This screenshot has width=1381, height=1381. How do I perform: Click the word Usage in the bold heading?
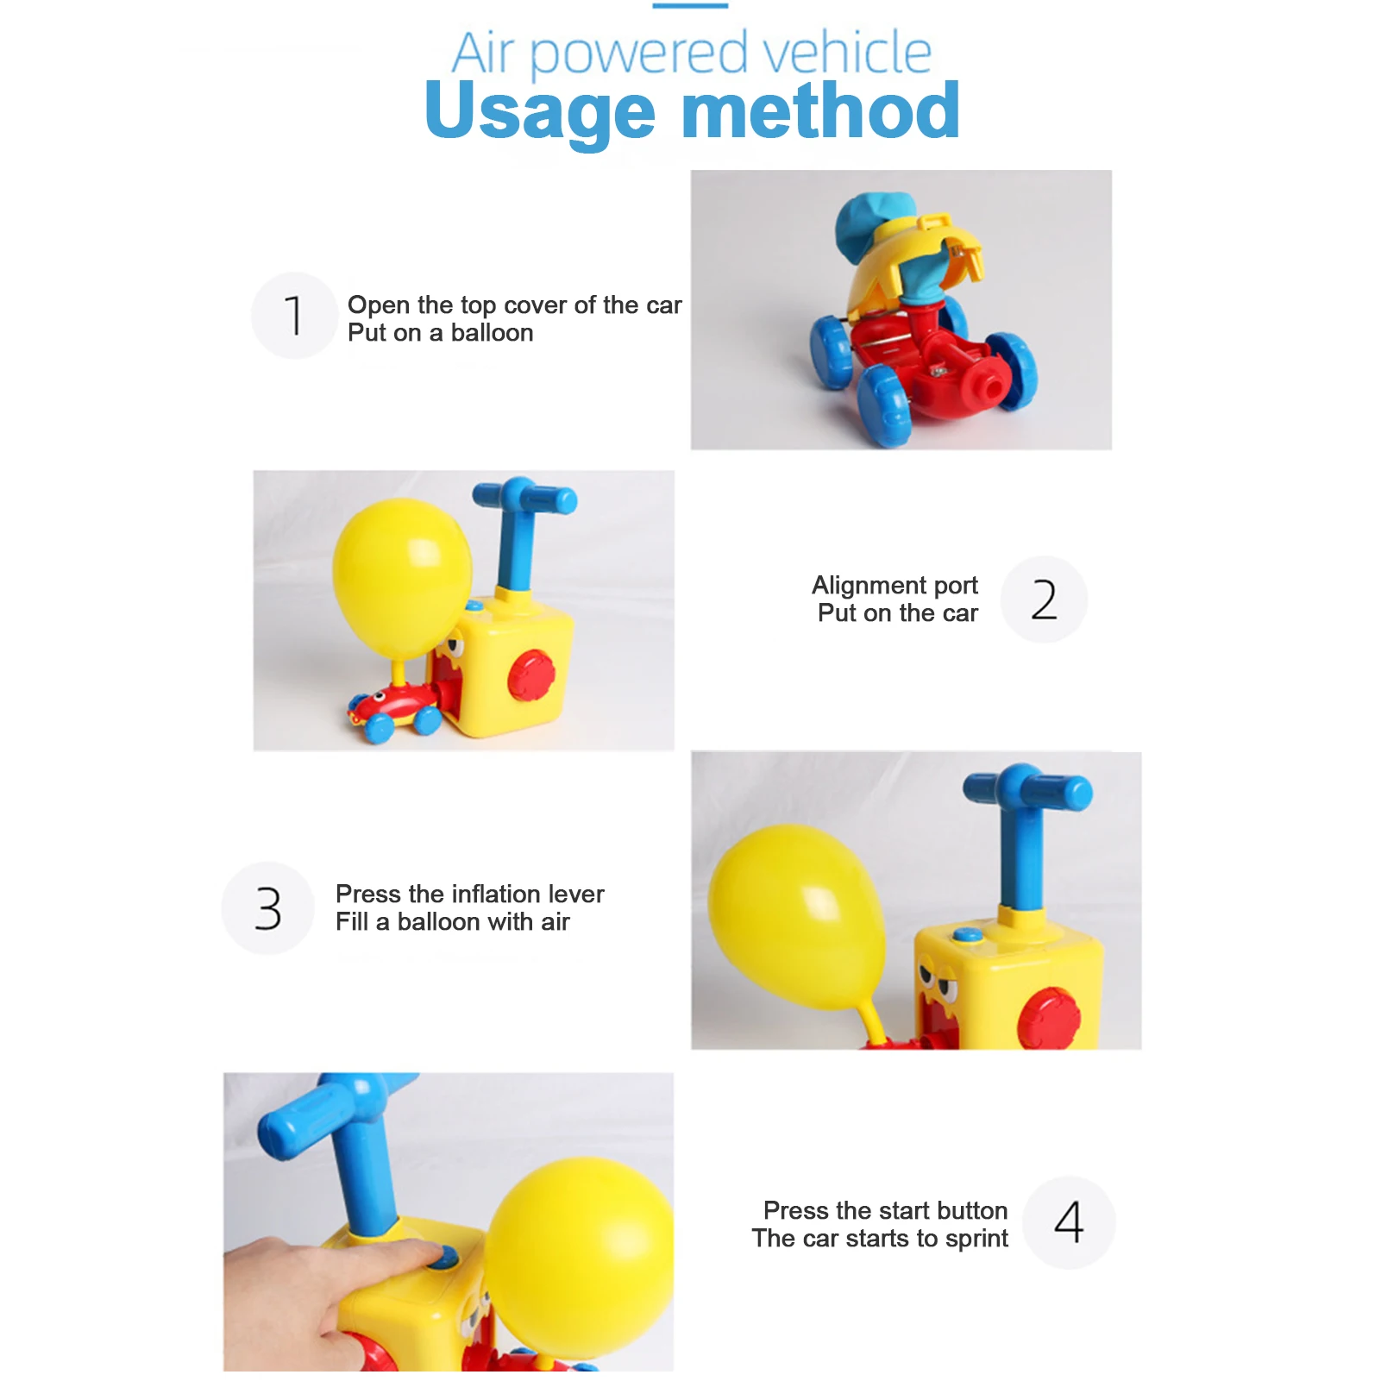540,112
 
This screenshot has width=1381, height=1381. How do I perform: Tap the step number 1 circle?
294,315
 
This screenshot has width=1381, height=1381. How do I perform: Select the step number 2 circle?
1044,599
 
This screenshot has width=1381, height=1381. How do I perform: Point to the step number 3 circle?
268,908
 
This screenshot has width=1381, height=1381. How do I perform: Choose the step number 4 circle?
1069,1222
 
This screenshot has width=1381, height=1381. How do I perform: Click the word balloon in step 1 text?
492,333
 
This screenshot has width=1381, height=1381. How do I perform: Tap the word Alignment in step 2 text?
869,586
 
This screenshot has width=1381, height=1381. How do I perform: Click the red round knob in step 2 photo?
531,675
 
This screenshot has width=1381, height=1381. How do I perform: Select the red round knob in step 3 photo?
1049,1018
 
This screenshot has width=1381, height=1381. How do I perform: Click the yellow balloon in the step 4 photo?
579,1256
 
